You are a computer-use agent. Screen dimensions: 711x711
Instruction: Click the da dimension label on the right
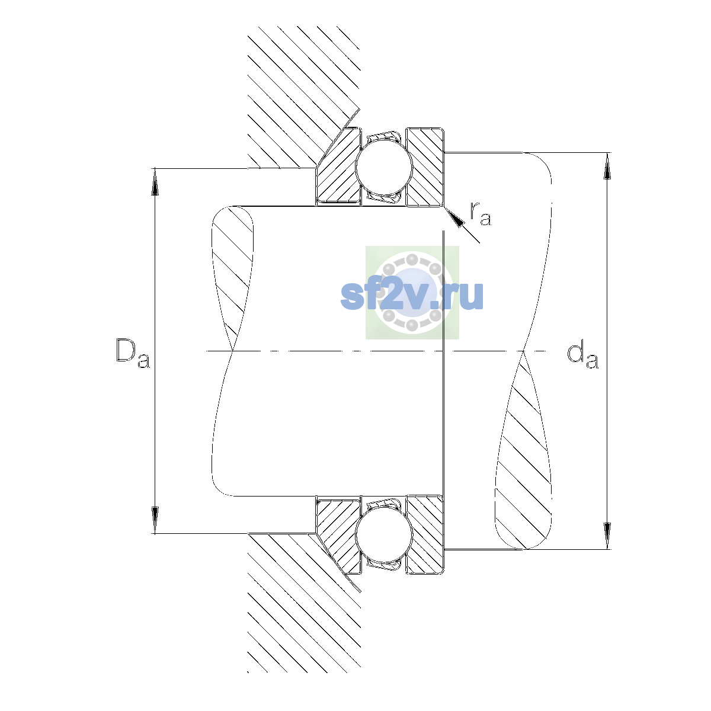582,356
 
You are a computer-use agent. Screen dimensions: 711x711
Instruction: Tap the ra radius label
481,214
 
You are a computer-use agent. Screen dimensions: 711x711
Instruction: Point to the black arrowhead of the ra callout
454,217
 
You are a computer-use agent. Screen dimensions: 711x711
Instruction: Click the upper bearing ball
384,167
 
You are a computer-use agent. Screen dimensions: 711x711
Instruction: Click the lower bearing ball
384,534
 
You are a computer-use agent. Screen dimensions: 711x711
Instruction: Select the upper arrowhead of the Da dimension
155,181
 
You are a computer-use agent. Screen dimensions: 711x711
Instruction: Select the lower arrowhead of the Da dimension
155,520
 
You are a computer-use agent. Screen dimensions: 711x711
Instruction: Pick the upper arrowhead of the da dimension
607,166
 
